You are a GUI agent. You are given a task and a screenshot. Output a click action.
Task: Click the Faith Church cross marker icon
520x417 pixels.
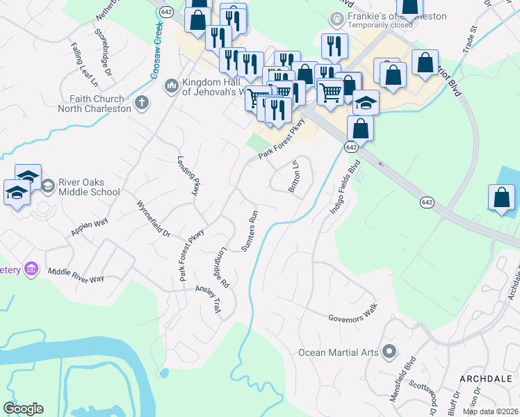point(141,104)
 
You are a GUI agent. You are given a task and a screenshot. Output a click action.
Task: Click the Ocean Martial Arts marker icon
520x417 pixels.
point(389,352)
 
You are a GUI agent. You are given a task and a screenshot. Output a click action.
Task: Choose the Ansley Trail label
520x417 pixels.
point(208,300)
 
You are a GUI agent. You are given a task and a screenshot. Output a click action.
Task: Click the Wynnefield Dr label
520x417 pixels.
point(154,220)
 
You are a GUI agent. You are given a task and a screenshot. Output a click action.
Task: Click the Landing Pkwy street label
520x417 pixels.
point(188,175)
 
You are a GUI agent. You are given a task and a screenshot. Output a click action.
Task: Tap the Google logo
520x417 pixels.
point(24,409)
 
